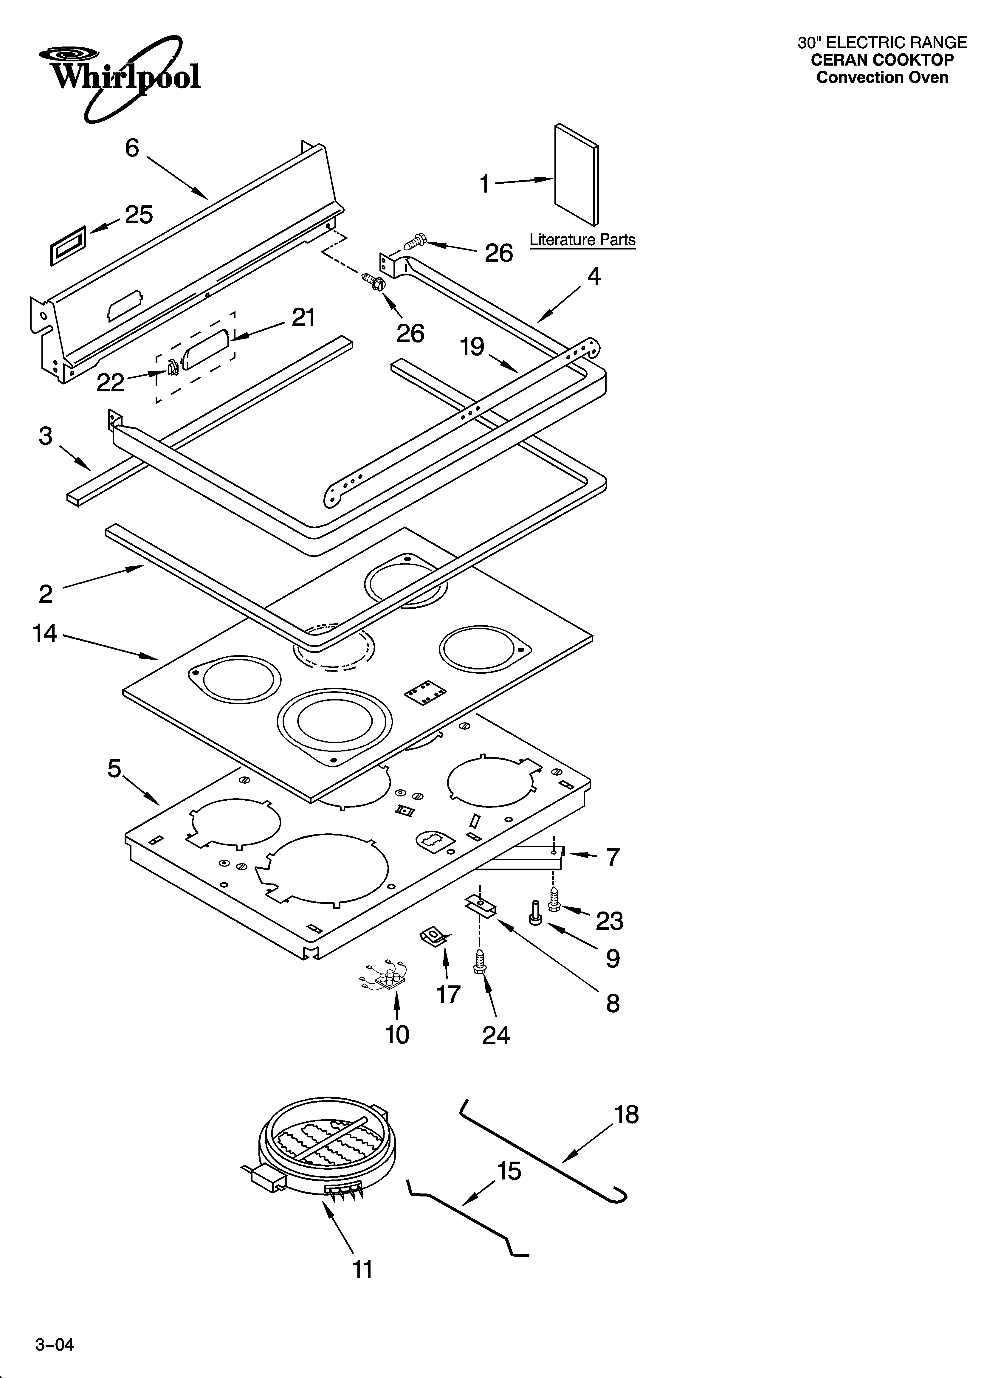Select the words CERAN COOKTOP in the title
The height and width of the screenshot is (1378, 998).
coord(882,60)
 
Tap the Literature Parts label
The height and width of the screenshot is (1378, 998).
coord(582,240)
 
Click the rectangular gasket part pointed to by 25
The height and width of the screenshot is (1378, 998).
coord(67,245)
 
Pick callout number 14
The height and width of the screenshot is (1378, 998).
coord(45,634)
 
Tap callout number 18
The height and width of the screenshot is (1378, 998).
coord(627,1115)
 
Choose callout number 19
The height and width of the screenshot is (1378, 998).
coord(472,347)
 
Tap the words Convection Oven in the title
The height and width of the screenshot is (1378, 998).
coord(882,78)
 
